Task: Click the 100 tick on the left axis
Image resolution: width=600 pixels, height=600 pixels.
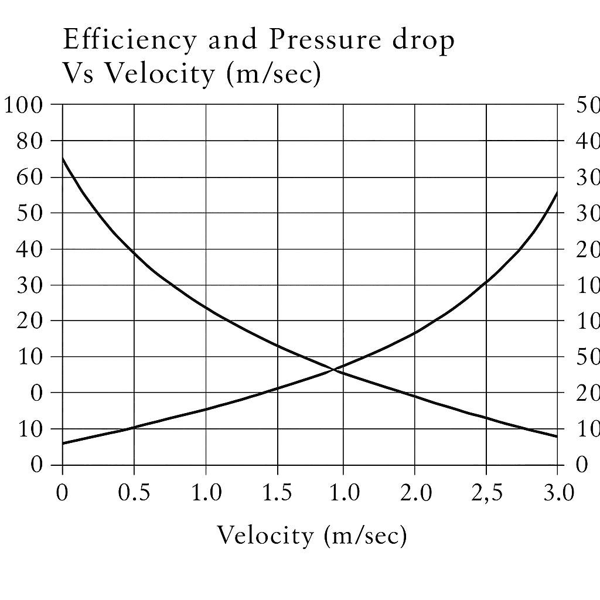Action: pyautogui.click(x=23, y=105)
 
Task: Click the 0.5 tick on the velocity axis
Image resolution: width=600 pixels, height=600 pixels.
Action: pyautogui.click(x=134, y=493)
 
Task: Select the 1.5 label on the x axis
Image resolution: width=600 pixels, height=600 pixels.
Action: pyautogui.click(x=277, y=493)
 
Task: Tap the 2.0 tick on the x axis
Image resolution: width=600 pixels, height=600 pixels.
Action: pyautogui.click(x=415, y=493)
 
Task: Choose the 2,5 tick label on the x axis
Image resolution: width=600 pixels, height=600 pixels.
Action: pyautogui.click(x=487, y=493)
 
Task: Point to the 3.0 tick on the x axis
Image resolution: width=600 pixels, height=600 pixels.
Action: pyautogui.click(x=557, y=493)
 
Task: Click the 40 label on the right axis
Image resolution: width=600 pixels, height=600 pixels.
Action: pyautogui.click(x=588, y=141)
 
